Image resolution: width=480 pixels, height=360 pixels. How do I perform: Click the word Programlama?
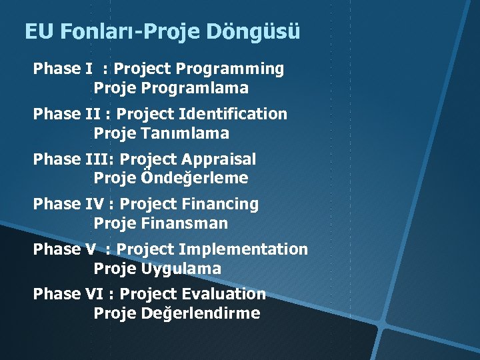pos(195,88)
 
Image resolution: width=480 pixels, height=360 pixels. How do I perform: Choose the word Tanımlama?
pos(186,133)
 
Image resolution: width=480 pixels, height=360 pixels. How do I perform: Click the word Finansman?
pos(185,223)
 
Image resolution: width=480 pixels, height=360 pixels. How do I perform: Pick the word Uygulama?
pos(181,269)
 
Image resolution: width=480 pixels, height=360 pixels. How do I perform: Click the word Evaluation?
pos(228,294)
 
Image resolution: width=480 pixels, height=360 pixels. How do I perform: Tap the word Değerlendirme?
pos(201,313)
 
